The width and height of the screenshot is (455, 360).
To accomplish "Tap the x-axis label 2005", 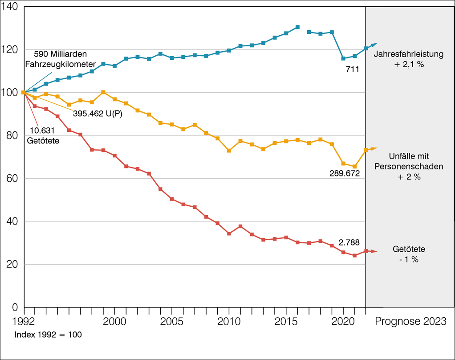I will tap(172, 322).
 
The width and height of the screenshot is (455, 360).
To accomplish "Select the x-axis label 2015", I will tap(286, 322).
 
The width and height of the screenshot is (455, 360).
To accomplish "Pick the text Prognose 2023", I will tap(410, 322).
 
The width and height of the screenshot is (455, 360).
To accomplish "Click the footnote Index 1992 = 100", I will tap(48, 334).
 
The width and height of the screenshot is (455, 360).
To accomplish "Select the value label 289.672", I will tap(344, 172).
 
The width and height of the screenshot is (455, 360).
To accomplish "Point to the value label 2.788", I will tap(349, 243).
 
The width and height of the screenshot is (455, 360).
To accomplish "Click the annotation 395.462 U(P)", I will tap(97, 113).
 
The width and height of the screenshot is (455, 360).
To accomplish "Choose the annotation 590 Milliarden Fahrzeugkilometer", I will tap(65, 58).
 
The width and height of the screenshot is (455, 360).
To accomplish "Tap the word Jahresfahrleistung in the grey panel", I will tap(409, 55).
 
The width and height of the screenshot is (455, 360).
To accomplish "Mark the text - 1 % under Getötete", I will tap(409, 259).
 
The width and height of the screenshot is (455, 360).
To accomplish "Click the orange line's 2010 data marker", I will tap(229, 151).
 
